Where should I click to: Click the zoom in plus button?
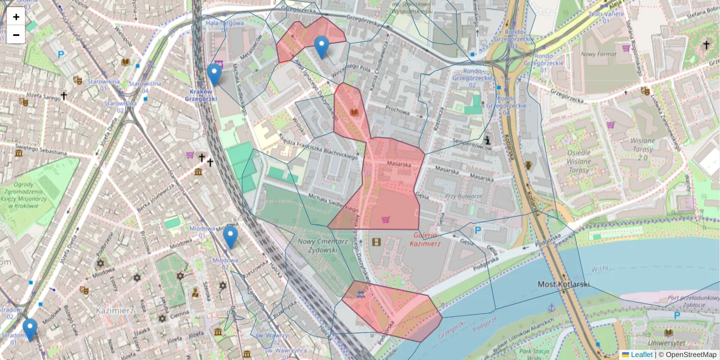[16, 17]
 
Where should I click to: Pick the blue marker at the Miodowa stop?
[230, 237]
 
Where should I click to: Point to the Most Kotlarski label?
[564, 284]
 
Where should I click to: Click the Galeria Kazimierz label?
[425, 239]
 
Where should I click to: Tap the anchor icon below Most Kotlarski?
[551, 307]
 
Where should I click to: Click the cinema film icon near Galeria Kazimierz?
[376, 242]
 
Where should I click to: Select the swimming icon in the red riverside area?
[360, 295]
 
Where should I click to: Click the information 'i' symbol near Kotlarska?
[488, 140]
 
